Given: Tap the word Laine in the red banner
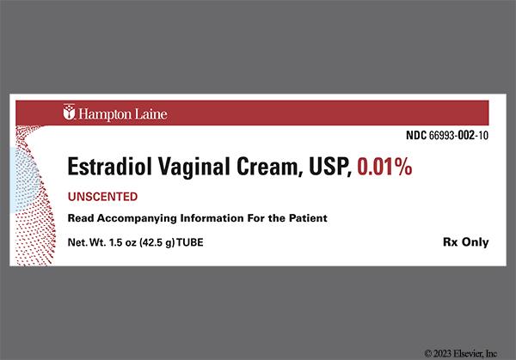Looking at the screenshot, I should pos(150,113).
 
